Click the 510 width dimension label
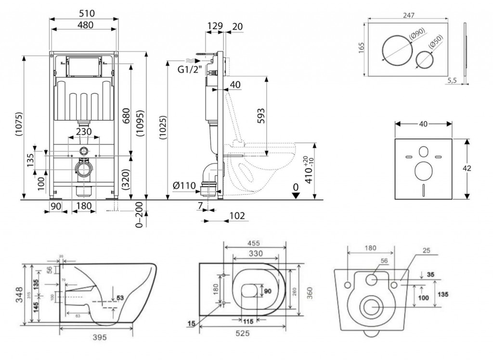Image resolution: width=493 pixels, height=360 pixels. click(84, 13)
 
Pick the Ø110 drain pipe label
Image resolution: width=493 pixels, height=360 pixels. click(184, 186)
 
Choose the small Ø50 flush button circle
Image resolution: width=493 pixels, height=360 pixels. click(424, 60)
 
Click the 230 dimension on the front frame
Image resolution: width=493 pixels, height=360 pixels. click(84, 131)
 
